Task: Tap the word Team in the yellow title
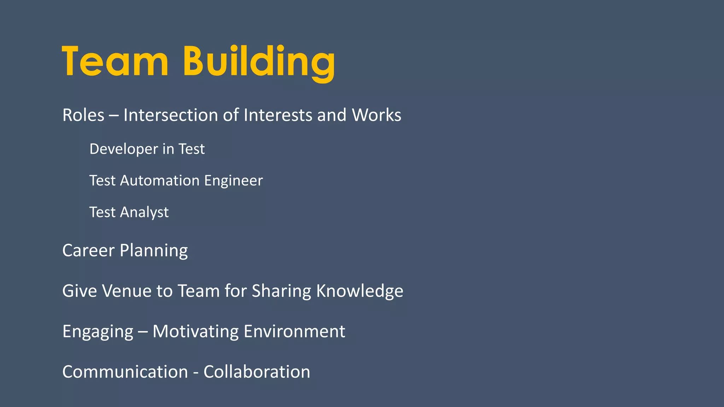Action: click(115, 62)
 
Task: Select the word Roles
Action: click(83, 115)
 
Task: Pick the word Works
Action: click(376, 115)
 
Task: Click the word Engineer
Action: click(233, 181)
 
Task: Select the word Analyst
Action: click(144, 212)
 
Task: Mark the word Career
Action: click(88, 250)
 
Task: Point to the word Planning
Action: click(154, 251)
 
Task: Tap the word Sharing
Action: click(281, 291)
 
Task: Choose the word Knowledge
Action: click(360, 291)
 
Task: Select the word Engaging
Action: click(98, 332)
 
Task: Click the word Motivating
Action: click(195, 332)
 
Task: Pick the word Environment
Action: click(294, 331)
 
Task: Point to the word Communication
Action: click(125, 372)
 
